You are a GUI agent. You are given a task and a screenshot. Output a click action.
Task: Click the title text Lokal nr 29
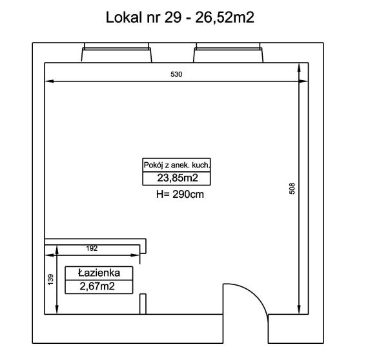[x=143, y=17]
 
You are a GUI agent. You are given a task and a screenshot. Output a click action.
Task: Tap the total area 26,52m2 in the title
[x=225, y=17]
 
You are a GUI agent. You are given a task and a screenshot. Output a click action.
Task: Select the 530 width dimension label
[x=176, y=74]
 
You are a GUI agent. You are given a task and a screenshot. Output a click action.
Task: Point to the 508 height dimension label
[x=292, y=188]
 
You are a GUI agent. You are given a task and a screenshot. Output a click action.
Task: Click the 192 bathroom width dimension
[x=92, y=248]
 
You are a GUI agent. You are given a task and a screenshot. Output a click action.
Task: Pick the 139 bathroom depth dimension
[x=50, y=280]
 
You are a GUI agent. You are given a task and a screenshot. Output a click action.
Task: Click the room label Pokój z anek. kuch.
[x=177, y=165]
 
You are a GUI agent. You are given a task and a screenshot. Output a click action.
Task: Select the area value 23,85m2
[x=178, y=178]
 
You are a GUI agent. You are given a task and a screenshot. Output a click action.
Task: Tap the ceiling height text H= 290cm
[x=180, y=194]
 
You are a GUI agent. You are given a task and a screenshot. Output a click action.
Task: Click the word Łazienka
[x=99, y=273]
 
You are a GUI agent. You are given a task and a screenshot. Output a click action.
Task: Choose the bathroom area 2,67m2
[x=97, y=286]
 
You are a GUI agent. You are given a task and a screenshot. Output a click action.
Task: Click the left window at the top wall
[x=116, y=52]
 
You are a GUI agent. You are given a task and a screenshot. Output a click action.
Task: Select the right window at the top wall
[x=229, y=52]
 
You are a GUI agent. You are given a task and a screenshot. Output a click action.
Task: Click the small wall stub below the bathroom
[x=143, y=304]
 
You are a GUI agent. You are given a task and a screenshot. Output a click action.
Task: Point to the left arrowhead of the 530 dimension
[x=49, y=81]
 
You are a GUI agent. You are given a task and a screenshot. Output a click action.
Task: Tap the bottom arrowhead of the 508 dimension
[x=299, y=310]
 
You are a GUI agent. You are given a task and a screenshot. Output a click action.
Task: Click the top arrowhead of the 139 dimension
[x=57, y=249]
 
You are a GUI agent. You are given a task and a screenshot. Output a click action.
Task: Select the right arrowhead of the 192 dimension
[x=136, y=255]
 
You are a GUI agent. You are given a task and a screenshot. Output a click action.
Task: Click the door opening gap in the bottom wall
[x=245, y=328]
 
